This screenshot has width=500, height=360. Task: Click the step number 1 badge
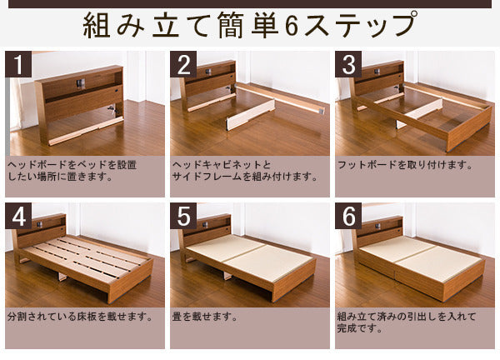point(18,64)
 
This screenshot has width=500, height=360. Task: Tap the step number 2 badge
point(183,64)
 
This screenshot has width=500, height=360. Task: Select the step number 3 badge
point(348,64)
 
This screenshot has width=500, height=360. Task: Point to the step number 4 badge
point(18,216)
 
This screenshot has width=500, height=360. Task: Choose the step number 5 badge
point(183,216)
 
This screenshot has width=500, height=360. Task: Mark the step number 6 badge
point(348,216)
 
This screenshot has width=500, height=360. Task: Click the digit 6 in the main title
point(291,26)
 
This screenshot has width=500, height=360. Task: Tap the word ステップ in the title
point(360,25)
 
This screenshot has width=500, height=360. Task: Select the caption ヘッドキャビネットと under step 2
point(221,165)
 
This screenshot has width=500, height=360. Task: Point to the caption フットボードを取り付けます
point(405,165)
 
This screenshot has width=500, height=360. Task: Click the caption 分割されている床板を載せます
point(80,317)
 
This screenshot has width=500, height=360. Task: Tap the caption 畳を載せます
point(205,317)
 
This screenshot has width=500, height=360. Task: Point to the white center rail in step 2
point(251,114)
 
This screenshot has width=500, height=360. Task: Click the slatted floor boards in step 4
point(86,257)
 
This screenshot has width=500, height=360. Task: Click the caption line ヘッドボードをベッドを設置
point(72,165)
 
